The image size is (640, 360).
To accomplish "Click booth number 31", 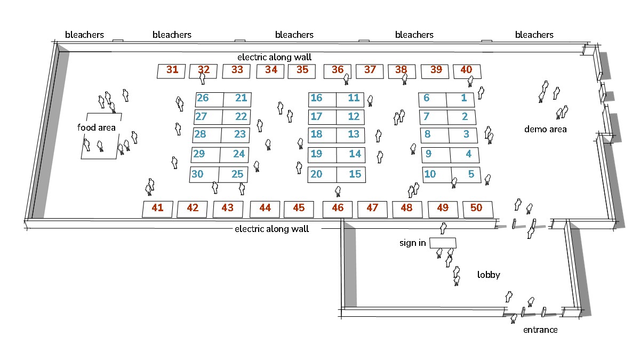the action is (x=171, y=71).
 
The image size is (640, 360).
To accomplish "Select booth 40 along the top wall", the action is (x=467, y=71).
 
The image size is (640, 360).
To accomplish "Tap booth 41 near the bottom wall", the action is (x=157, y=209).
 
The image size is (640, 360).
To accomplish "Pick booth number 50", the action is (x=478, y=210).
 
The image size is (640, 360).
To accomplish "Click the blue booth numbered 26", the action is (x=209, y=99).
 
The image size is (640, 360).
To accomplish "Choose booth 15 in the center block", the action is (x=351, y=174).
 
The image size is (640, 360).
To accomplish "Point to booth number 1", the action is (x=460, y=100).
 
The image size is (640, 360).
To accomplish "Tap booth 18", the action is (x=322, y=135).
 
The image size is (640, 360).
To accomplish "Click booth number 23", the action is (x=235, y=135).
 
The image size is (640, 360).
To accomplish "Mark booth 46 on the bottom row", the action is (x=338, y=210).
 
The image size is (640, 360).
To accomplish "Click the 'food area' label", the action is (x=97, y=127).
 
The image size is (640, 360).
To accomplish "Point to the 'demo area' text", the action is (x=545, y=129).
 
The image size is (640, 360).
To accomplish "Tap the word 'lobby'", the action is (x=489, y=275).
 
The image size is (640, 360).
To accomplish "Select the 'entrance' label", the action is (x=540, y=330).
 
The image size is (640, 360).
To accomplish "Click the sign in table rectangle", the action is (x=443, y=243).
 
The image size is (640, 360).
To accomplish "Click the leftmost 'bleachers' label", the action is (x=84, y=35).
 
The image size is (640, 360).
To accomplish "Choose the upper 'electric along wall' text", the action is (x=274, y=57).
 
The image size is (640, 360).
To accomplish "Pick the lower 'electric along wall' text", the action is (x=271, y=229).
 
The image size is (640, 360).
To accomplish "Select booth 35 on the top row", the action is (x=302, y=71).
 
